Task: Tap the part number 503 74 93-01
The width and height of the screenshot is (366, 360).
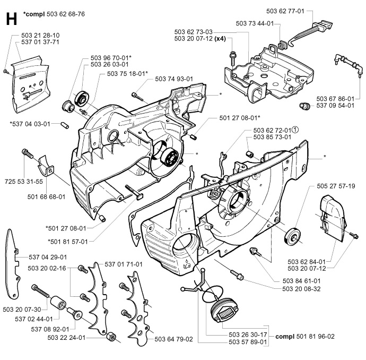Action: pyautogui.click(x=174, y=79)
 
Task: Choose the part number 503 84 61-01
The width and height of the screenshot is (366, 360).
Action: pyautogui.click(x=301, y=280)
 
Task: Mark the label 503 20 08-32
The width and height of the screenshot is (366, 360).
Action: pyautogui.click(x=301, y=288)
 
